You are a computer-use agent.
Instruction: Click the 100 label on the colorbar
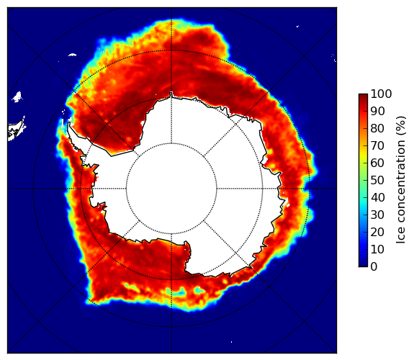(381, 94)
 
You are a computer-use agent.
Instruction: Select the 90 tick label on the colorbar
(377, 111)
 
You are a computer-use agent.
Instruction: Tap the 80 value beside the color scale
(377, 128)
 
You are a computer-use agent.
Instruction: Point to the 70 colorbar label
(377, 145)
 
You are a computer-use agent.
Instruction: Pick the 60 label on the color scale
(377, 163)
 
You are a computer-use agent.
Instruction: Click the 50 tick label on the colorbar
(377, 180)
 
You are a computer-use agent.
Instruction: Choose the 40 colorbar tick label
(377, 197)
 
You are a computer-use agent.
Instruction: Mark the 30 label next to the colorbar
(377, 215)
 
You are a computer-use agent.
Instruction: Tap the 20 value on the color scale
(377, 232)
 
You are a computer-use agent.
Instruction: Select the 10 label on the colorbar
(377, 249)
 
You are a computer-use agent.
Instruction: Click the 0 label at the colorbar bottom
(374, 267)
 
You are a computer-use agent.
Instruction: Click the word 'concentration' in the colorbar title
(400, 182)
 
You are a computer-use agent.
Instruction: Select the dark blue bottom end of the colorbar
(363, 265)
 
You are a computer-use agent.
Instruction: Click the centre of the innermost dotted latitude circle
(171, 189)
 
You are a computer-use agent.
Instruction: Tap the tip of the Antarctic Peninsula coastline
(69, 122)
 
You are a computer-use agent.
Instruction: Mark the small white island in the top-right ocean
(297, 26)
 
